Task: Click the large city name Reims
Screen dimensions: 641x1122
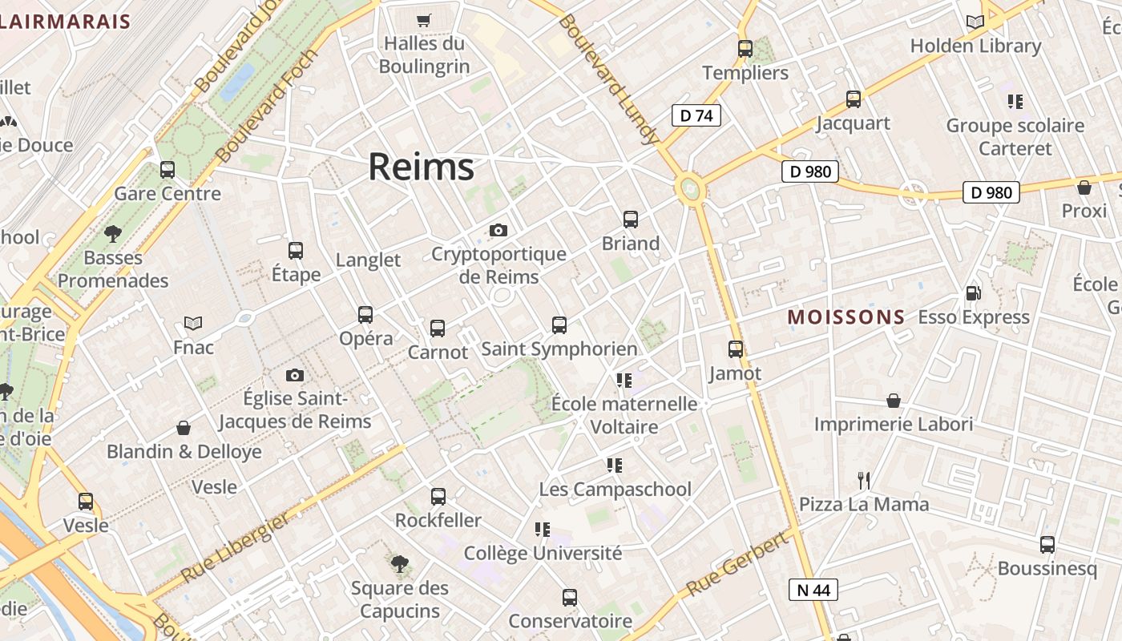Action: (x=421, y=167)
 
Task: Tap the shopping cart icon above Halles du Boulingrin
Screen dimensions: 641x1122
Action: (x=424, y=20)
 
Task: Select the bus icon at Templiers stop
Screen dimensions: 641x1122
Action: (x=745, y=49)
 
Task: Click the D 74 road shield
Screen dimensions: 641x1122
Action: (x=696, y=115)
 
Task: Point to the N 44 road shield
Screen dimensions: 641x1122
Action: (x=813, y=591)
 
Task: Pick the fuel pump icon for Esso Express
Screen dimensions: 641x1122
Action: (x=973, y=294)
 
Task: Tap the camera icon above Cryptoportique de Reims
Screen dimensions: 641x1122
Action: (x=498, y=231)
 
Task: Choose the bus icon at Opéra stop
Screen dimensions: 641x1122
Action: (x=365, y=315)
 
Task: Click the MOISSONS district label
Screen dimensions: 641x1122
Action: (x=846, y=317)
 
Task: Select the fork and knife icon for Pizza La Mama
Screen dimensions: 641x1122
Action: (x=864, y=481)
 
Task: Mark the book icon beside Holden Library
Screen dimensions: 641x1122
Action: (x=975, y=22)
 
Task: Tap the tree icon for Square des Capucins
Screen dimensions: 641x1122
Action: (x=399, y=564)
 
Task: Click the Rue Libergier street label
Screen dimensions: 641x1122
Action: (x=234, y=548)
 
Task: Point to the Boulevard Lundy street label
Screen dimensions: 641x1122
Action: (x=608, y=79)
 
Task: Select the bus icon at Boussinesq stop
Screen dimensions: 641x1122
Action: (x=1047, y=545)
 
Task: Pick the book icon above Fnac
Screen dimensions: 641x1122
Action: (x=193, y=323)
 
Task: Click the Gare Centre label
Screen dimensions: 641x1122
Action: (x=167, y=194)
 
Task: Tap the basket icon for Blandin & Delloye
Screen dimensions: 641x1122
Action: (x=184, y=429)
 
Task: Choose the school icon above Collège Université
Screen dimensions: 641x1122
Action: (x=543, y=530)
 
